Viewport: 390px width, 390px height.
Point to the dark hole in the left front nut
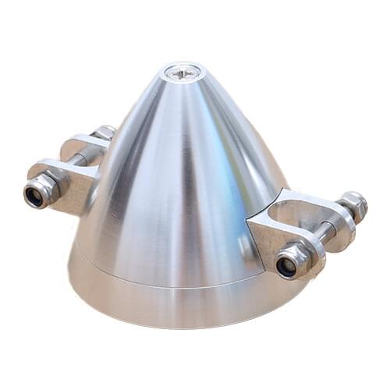[x=34, y=196]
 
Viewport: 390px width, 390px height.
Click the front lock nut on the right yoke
[x=291, y=261]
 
